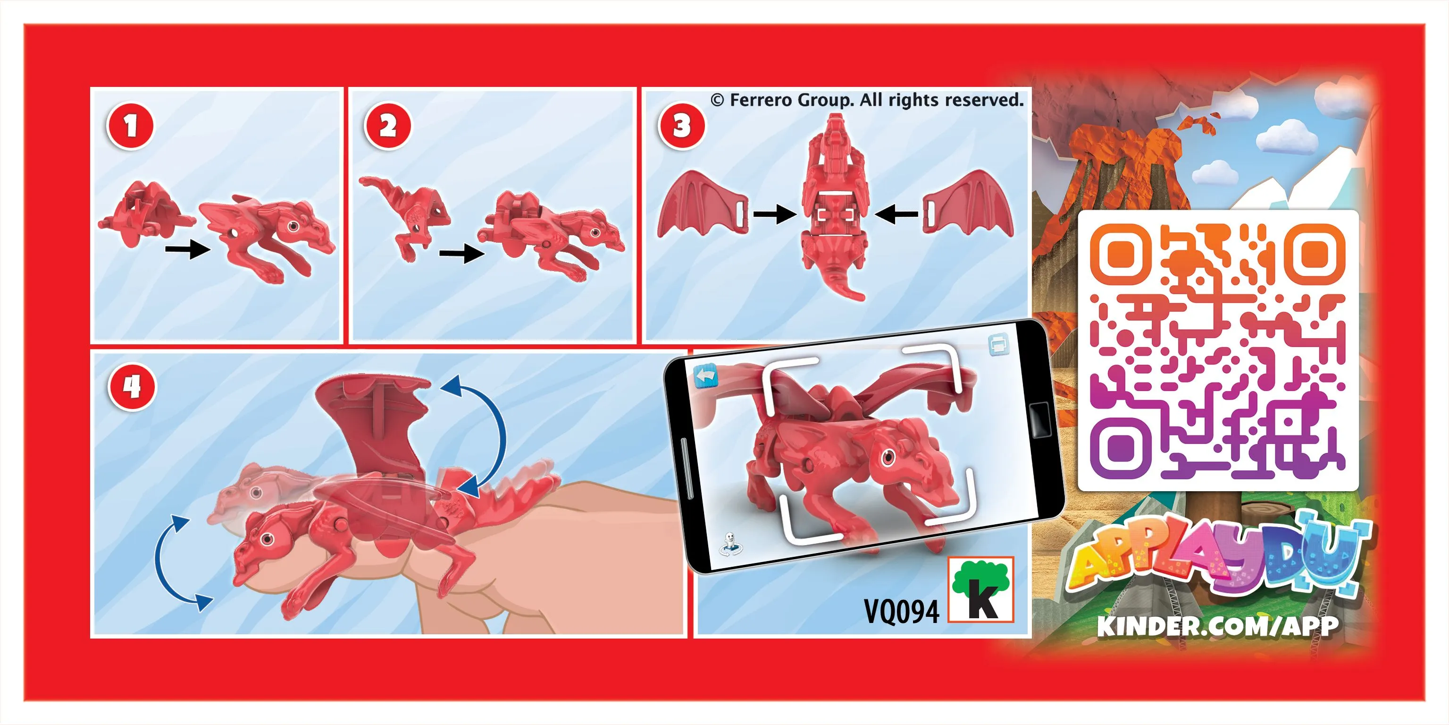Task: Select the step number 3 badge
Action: pyautogui.click(x=681, y=126)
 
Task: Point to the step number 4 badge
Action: pyautogui.click(x=132, y=387)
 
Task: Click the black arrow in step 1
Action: pyautogui.click(x=187, y=249)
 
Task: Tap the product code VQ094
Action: pyautogui.click(x=901, y=611)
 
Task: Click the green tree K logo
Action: pyautogui.click(x=981, y=589)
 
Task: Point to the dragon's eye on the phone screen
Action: pyautogui.click(x=888, y=457)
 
